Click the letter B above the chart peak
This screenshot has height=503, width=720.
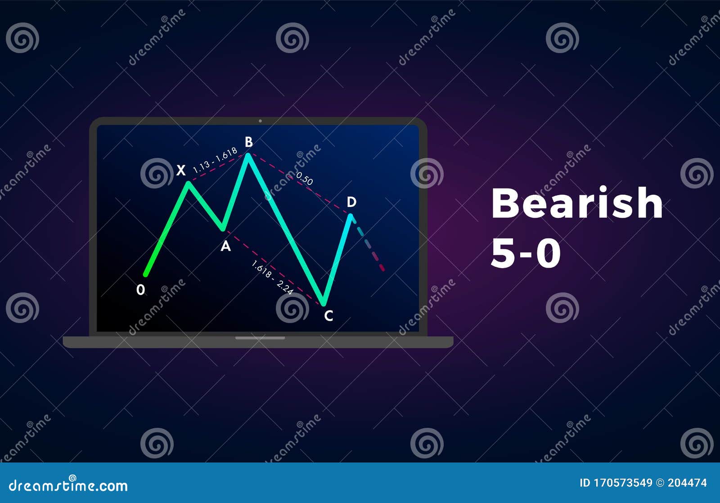coord(248,142)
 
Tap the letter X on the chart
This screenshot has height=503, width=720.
coord(180,171)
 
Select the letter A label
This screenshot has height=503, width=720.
coord(225,246)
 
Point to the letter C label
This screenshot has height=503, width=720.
coord(328,316)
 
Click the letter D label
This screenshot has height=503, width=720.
coord(351,202)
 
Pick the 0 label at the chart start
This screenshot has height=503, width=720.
coord(141,290)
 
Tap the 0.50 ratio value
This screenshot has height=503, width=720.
coord(305,179)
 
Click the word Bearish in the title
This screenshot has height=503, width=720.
coord(577,203)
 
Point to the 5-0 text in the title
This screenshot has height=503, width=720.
coord(526,254)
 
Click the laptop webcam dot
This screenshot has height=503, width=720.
coord(260,121)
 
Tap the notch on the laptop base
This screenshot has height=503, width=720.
coord(260,337)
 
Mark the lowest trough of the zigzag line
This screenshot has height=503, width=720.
coord(324,303)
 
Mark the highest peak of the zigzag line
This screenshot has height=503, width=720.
coord(248,156)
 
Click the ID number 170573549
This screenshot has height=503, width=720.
coord(623,483)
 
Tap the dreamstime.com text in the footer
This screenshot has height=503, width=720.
coord(68,485)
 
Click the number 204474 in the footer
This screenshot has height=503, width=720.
coord(687,483)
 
